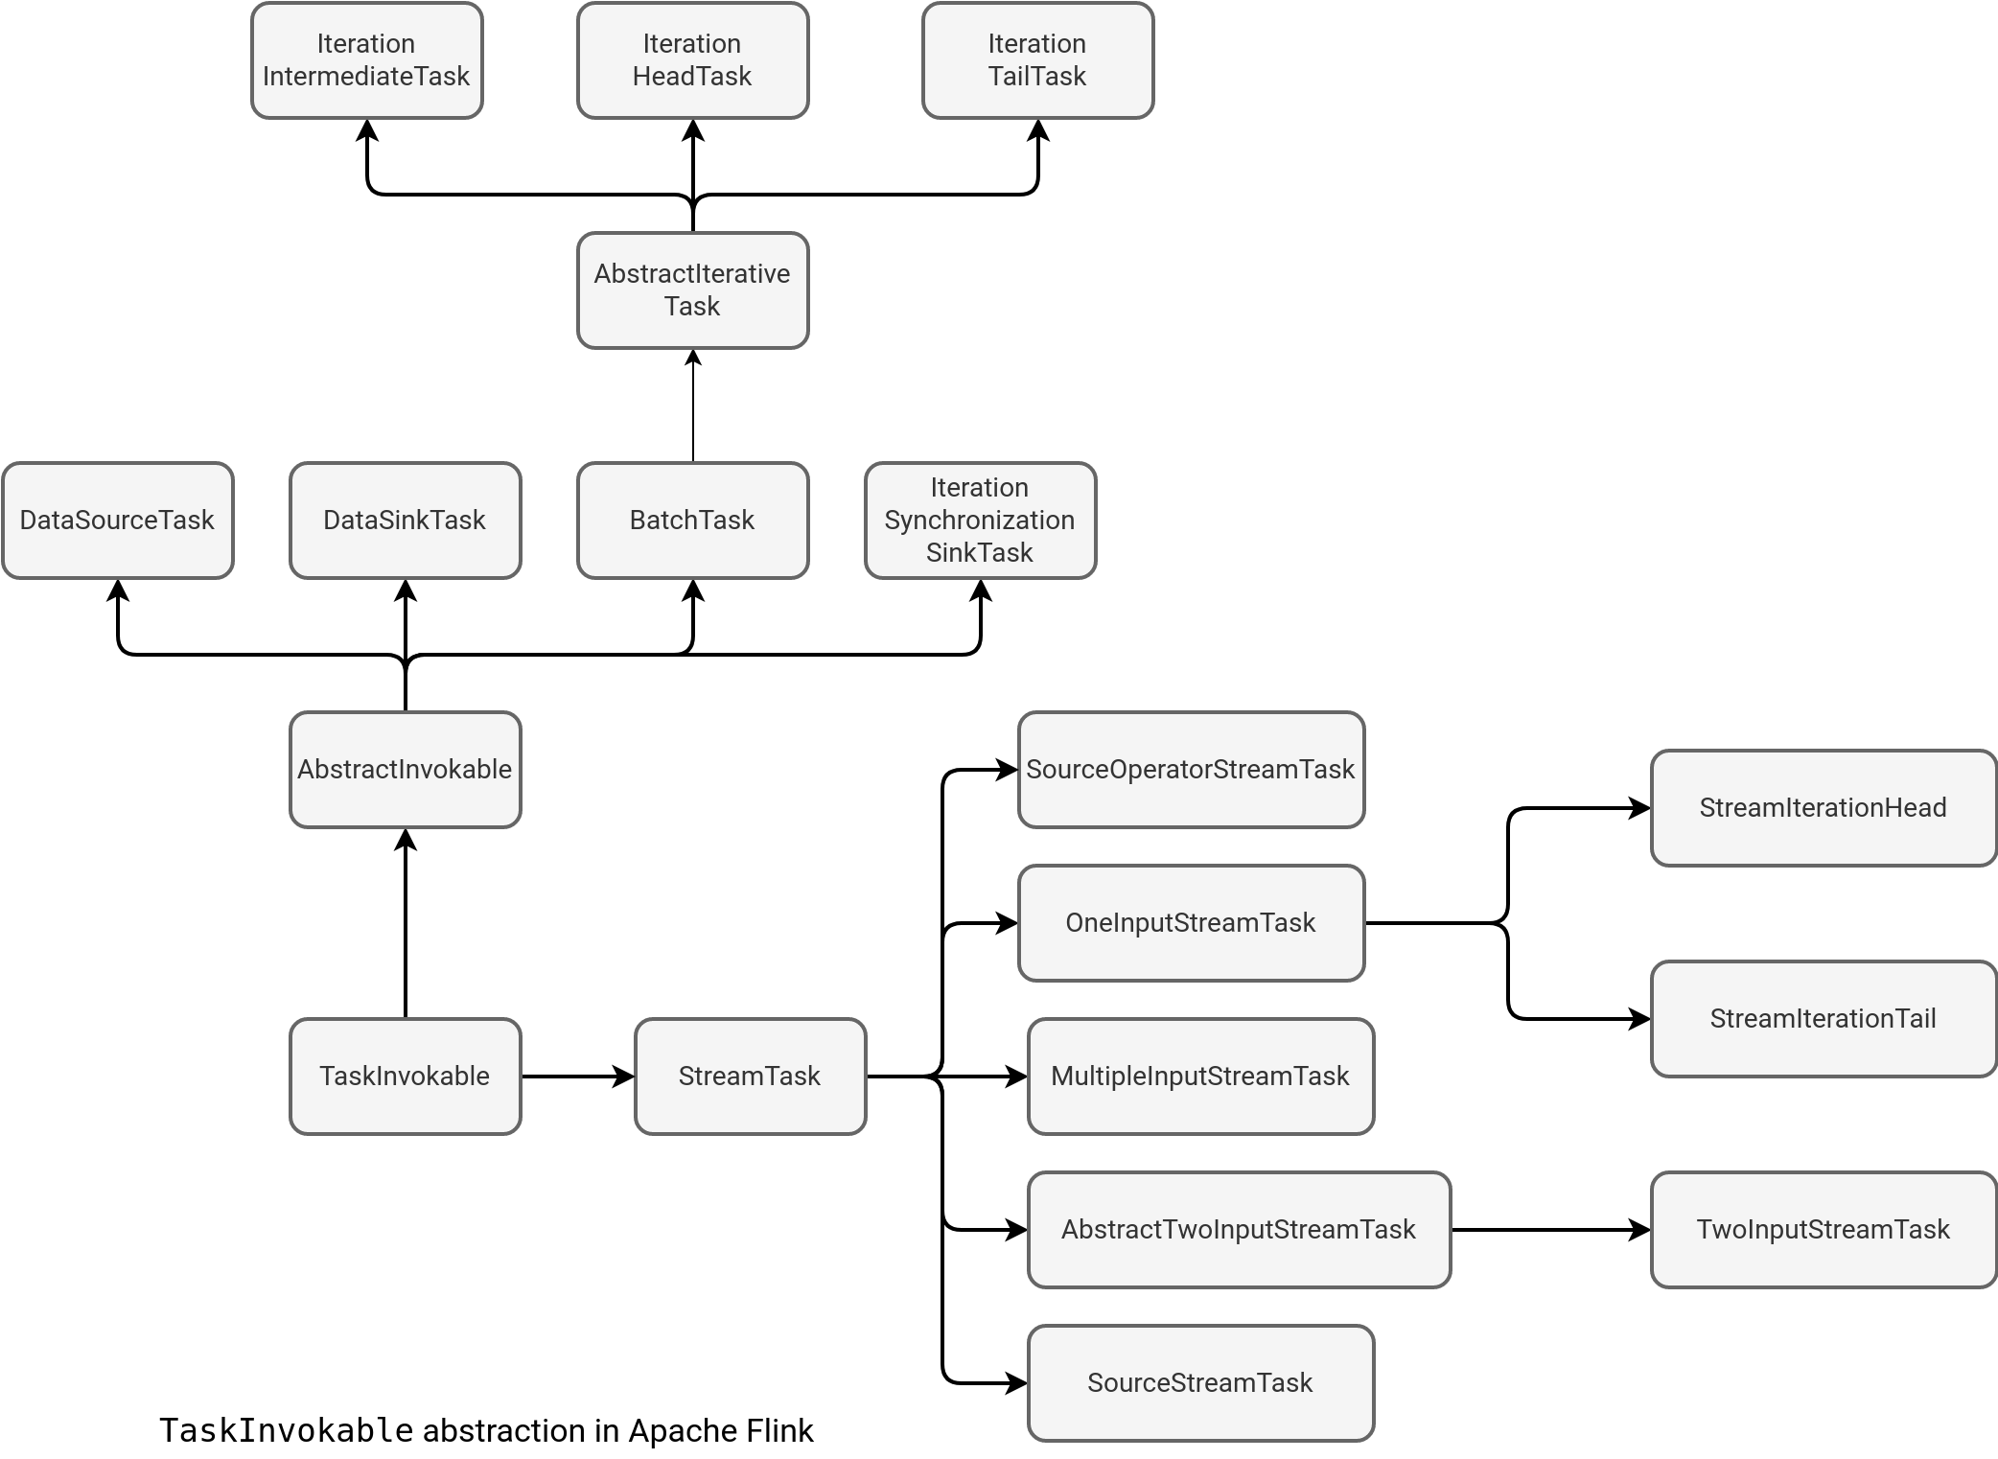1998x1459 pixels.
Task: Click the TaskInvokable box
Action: tap(405, 1076)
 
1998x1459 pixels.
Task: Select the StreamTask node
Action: tap(750, 1076)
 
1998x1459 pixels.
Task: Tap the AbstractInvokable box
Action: tap(405, 769)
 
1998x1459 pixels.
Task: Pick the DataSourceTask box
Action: tap(117, 520)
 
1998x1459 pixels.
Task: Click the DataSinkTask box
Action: tap(405, 520)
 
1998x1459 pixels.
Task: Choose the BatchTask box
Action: tap(692, 520)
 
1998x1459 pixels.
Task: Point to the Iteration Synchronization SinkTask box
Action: tap(980, 520)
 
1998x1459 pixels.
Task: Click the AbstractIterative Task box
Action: tap(692, 289)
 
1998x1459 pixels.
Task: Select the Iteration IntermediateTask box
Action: tap(366, 59)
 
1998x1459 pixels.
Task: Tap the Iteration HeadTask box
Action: tap(692, 59)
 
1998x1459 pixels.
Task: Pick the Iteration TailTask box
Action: tap(1037, 59)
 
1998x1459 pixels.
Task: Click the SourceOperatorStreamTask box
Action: tap(1191, 769)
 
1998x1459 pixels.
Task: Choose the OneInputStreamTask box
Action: tap(1191, 922)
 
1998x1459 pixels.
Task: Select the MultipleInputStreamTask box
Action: tap(1200, 1076)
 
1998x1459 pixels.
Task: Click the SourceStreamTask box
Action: tap(1200, 1382)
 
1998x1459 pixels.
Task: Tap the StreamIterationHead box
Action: tap(1824, 807)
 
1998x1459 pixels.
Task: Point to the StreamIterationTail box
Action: tap(1824, 1018)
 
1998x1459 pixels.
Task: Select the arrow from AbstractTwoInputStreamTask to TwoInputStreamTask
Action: tap(1549, 1230)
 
